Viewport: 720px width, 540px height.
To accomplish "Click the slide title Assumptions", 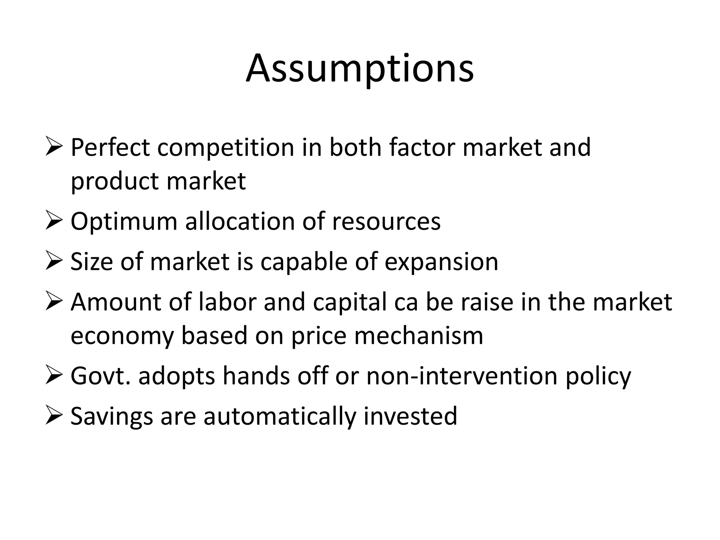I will [360, 69].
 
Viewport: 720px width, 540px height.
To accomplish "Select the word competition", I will [226, 148].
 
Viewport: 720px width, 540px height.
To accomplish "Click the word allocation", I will [240, 221].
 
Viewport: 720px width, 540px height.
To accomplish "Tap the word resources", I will [386, 222].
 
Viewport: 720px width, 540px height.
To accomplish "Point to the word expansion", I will [441, 262].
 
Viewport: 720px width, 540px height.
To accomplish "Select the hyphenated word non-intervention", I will [462, 376].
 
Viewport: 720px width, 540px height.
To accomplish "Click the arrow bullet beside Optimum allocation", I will [54, 222].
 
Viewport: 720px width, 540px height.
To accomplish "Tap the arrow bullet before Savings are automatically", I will [54, 416].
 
